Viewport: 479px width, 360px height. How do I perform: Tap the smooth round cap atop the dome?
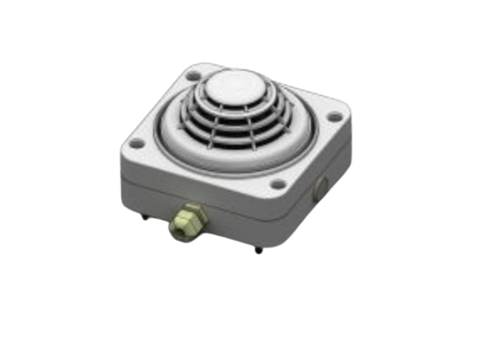pos(231,86)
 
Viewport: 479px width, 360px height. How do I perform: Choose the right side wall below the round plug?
pos(324,206)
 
